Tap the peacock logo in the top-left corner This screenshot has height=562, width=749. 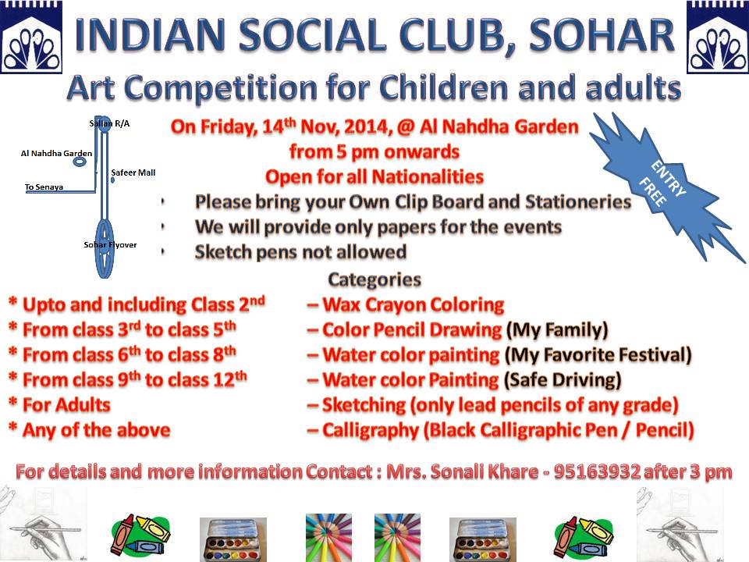click(x=31, y=37)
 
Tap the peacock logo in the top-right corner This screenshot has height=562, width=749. click(x=718, y=37)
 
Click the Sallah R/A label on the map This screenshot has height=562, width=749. click(x=109, y=123)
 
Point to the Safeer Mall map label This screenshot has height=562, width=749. click(x=133, y=173)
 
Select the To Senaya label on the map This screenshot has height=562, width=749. click(x=44, y=187)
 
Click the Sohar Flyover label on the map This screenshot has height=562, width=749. click(x=110, y=244)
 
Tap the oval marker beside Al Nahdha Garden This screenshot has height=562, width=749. click(x=80, y=162)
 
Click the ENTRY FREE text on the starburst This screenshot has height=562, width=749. click(x=662, y=184)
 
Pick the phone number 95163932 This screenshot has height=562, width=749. click(x=597, y=471)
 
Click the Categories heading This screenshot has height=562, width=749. click(x=374, y=279)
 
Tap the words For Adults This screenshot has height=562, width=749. click(x=66, y=405)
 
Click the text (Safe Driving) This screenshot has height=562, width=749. click(x=563, y=380)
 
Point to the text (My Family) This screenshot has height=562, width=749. click(x=557, y=330)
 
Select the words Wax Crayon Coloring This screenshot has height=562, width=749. click(x=414, y=305)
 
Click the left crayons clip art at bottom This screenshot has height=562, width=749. click(x=140, y=537)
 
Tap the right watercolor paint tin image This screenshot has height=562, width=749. click(x=483, y=539)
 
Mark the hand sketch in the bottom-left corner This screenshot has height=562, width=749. click(x=43, y=523)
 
